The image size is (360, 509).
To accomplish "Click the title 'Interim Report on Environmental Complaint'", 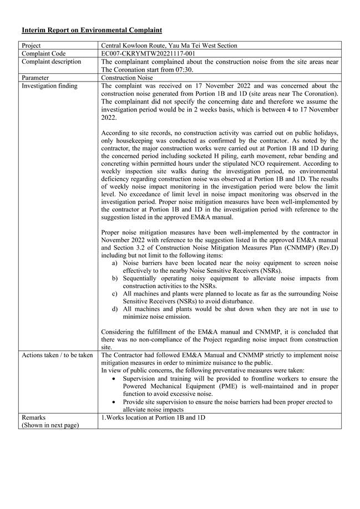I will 92,29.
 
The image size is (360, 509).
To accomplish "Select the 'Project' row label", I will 33,45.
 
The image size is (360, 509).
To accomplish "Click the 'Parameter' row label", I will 36,78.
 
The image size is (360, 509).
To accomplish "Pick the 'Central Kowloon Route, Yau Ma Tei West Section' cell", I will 169,45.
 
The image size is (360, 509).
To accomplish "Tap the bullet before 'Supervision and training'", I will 114,378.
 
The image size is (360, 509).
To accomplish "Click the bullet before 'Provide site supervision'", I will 114,401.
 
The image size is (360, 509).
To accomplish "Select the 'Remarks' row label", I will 34,417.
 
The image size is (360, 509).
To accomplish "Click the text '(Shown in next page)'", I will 50,425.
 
